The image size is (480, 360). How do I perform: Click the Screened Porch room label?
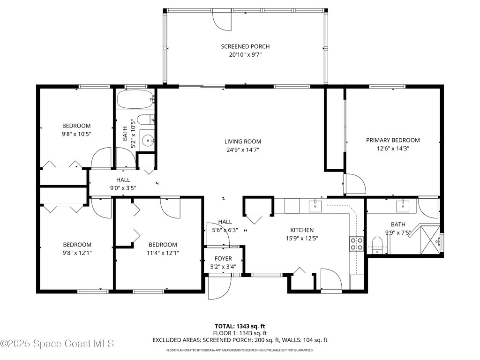point(245,46)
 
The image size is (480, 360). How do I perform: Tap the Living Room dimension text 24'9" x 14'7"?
point(242,150)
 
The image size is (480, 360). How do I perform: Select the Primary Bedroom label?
point(393,140)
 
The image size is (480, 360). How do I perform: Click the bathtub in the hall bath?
point(135,99)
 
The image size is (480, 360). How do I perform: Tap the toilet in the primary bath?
point(377,244)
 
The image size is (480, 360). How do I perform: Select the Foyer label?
point(223,258)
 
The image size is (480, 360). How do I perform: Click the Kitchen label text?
point(302,230)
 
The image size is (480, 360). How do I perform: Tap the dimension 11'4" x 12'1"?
point(163,253)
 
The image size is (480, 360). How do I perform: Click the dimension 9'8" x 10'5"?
point(76,134)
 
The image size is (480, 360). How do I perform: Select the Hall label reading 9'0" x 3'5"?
point(123,188)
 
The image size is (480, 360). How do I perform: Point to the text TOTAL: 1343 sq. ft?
point(240,326)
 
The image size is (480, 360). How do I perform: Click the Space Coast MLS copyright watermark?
point(57,344)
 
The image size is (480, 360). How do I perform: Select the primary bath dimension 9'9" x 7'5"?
point(398,232)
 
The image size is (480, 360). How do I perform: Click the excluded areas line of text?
point(240,340)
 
